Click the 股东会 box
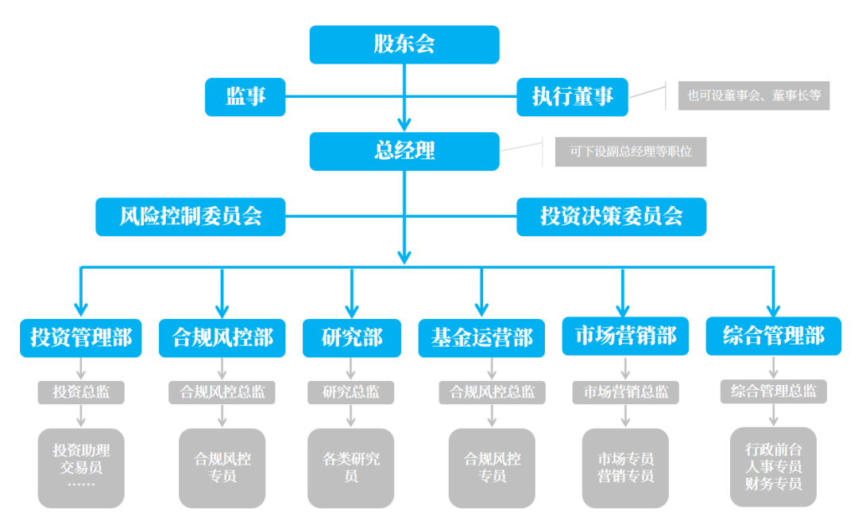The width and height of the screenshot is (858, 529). click(x=404, y=45)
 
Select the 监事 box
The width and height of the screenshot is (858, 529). click(x=245, y=97)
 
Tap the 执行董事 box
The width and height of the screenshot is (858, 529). click(x=572, y=97)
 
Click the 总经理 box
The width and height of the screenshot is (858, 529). click(x=404, y=151)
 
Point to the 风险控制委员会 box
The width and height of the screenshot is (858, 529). click(x=191, y=216)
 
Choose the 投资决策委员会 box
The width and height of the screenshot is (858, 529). click(x=611, y=216)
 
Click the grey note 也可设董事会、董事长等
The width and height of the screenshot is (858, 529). click(x=753, y=96)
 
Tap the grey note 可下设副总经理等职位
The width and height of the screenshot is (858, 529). click(x=630, y=151)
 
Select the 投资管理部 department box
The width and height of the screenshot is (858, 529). click(x=81, y=337)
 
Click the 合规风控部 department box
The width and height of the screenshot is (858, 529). click(x=222, y=337)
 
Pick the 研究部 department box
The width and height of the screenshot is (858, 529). click(x=351, y=337)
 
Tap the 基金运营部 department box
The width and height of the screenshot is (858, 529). click(x=481, y=337)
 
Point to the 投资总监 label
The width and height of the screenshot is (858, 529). click(x=81, y=392)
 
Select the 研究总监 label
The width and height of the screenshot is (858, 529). click(x=351, y=392)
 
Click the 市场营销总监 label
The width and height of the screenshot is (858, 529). click(x=626, y=392)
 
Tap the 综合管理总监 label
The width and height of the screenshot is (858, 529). click(x=774, y=391)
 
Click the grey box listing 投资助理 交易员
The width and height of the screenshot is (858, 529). click(x=81, y=468)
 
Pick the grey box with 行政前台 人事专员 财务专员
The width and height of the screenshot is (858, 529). click(x=774, y=466)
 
